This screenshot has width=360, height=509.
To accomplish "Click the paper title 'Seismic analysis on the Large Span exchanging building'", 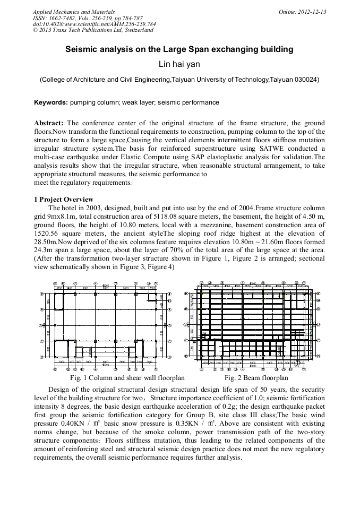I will point(179,49).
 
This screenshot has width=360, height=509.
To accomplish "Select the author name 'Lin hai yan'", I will point(179,65).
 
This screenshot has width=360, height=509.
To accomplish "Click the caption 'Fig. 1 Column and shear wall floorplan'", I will point(127,378).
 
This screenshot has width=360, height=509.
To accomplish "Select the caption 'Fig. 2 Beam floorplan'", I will point(256,378).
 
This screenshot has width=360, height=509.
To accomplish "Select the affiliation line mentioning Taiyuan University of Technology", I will point(179,80).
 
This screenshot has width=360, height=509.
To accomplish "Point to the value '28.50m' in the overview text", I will point(46,242).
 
